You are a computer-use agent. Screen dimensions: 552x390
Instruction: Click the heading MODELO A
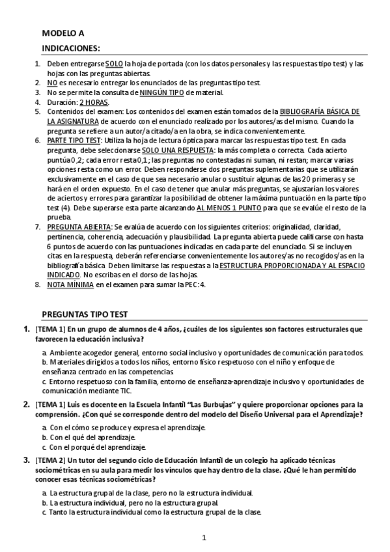pyautogui.click(x=63, y=33)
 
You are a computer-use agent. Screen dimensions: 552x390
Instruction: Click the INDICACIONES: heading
pyautogui.click(x=71, y=48)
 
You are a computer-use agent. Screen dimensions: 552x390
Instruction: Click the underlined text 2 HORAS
pyautogui.click(x=94, y=102)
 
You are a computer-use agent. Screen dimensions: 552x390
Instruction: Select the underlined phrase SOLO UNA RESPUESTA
pyautogui.click(x=174, y=150)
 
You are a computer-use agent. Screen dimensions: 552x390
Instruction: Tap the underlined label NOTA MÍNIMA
pyautogui.click(x=71, y=284)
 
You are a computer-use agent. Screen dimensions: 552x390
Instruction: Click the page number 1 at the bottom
pyautogui.click(x=204, y=538)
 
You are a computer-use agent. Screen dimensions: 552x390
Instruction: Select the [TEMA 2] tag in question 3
pyautogui.click(x=51, y=461)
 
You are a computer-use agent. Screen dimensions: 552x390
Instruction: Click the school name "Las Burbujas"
pyautogui.click(x=210, y=404)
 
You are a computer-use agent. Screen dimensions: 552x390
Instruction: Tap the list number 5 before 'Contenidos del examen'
pyautogui.click(x=37, y=112)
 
